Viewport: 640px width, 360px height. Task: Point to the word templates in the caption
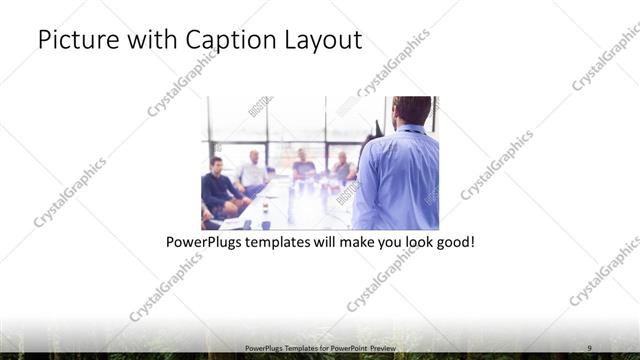pos(285,243)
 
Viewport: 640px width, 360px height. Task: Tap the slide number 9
pos(590,346)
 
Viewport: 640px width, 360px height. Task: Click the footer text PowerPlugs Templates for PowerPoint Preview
pos(319,347)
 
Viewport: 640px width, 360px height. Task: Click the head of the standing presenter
pos(411,110)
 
